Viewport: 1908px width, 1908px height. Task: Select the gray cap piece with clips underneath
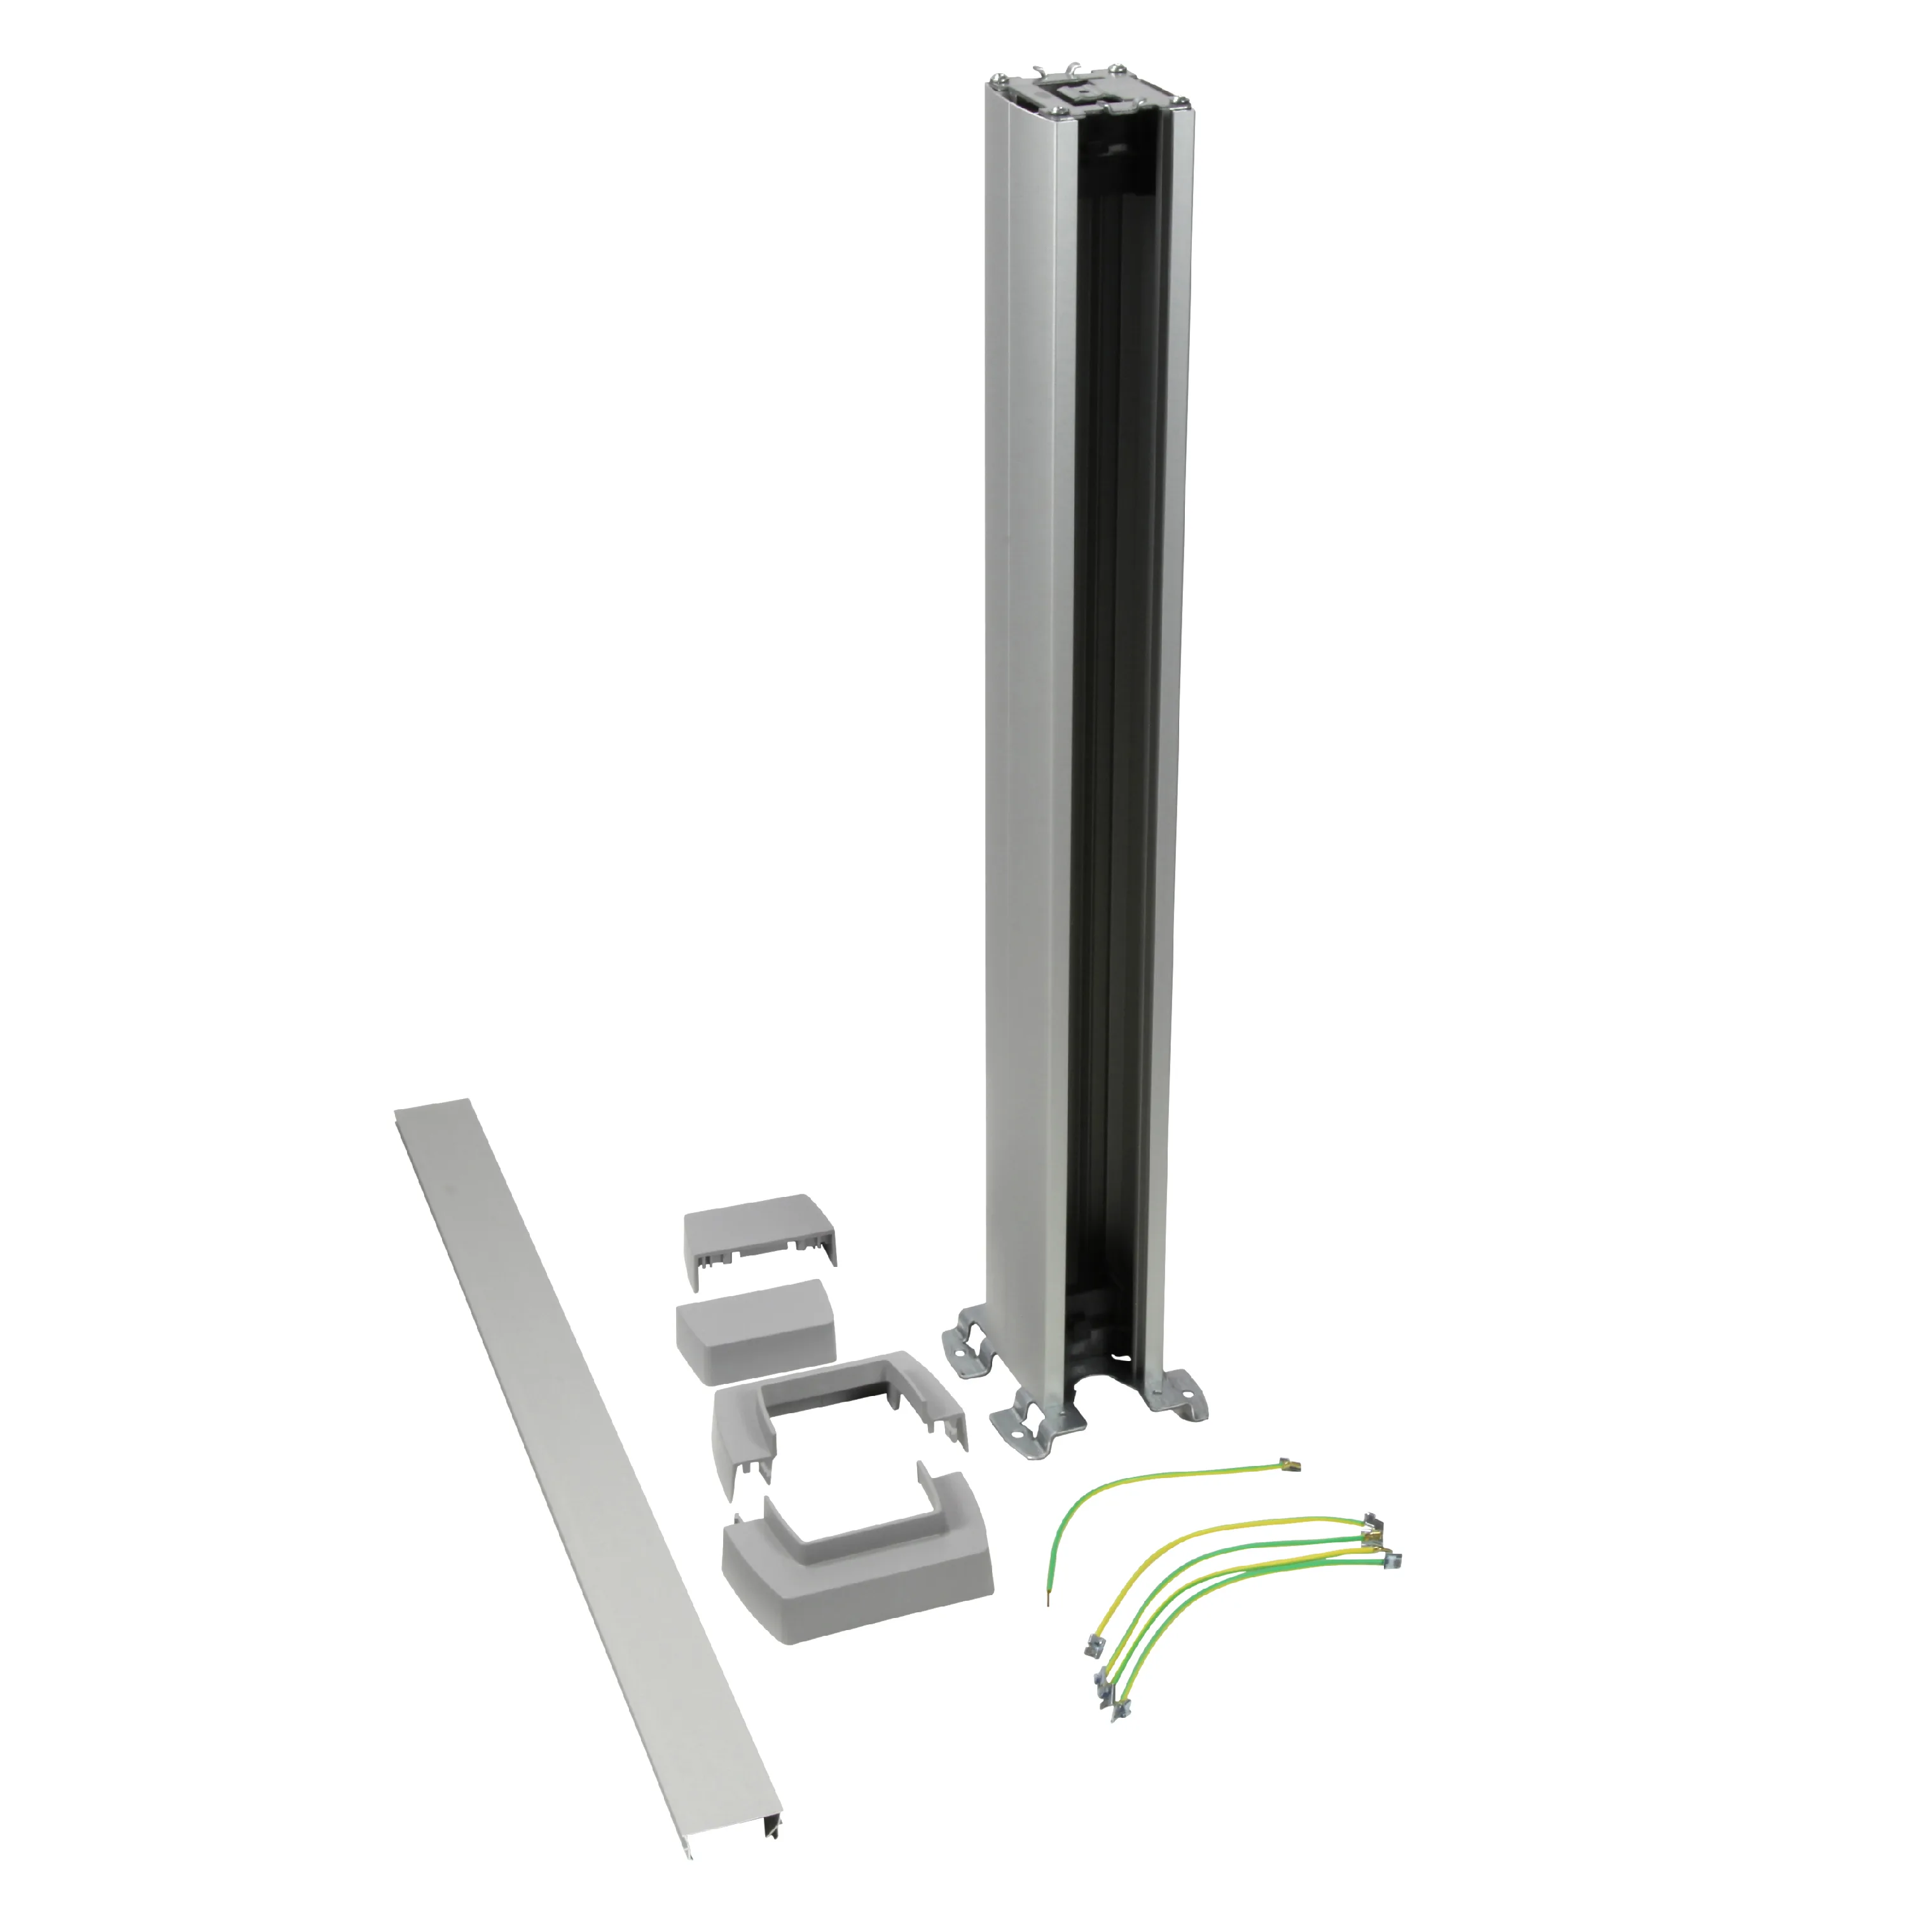(761, 1234)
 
